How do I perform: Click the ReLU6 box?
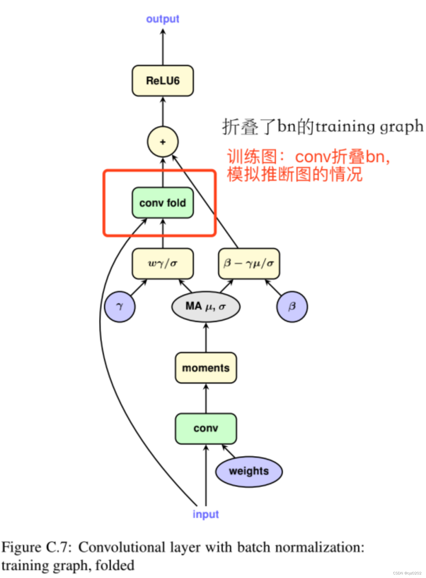(163, 81)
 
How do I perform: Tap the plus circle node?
(163, 142)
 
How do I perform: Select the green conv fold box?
(163, 203)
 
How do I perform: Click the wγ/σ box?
(163, 263)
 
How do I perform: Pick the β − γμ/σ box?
(249, 263)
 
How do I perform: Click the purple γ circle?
(120, 307)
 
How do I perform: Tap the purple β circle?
(292, 307)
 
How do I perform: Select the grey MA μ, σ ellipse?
(206, 307)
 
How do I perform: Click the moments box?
(206, 368)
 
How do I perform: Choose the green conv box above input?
(206, 428)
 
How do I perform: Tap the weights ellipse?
(249, 471)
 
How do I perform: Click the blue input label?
(206, 514)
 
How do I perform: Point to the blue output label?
(163, 19)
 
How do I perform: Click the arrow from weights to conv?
(229, 451)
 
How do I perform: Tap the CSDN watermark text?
(407, 573)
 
